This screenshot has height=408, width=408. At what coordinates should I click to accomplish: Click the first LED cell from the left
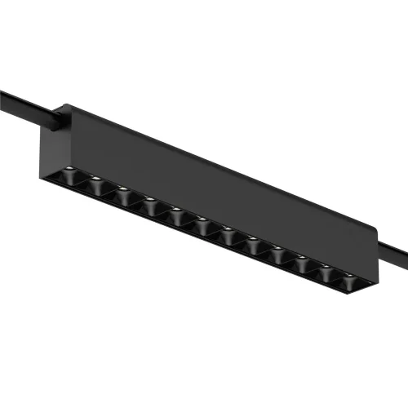coord(69,177)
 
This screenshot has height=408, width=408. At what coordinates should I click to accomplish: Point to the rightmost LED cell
coord(350,282)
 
